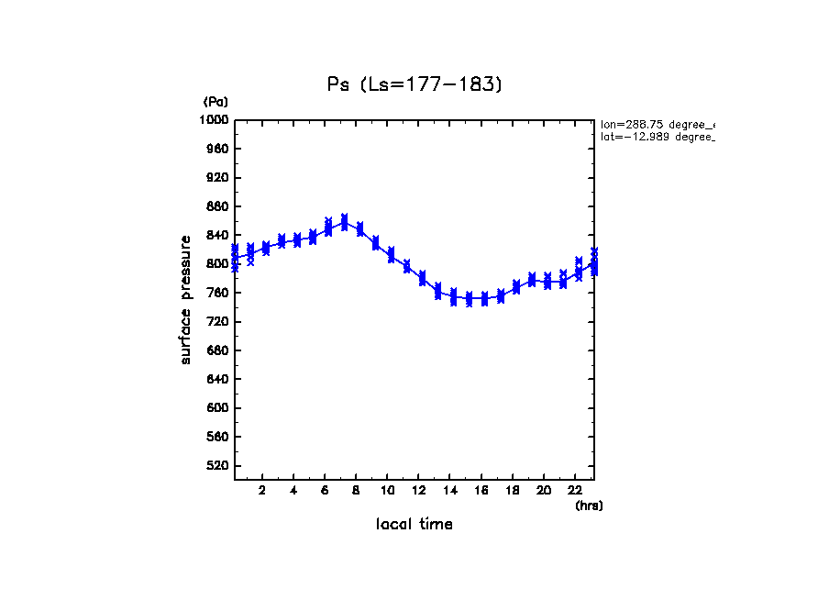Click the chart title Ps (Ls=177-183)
pos(415,84)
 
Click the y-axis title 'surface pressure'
pos(186,299)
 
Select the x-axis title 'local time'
pos(414,525)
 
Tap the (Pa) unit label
pos(216,102)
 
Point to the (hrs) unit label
pos(589,506)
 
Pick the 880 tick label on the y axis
pos(217,206)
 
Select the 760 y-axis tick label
pos(217,294)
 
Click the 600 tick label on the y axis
pos(217,408)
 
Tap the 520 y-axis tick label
pos(217,466)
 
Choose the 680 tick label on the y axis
pos(217,350)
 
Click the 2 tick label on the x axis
pos(262,491)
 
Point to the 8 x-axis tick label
pos(357,491)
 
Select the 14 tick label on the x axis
pos(450,491)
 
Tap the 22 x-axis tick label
pos(576,491)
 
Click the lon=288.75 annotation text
pos(657,124)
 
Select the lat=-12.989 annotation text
pos(657,137)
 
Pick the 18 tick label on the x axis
pos(513,491)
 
